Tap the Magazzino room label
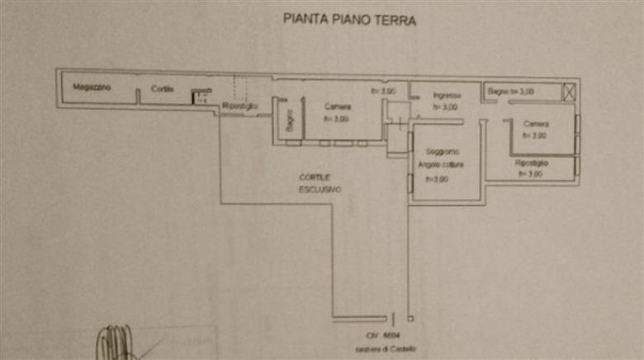[x=92, y=87]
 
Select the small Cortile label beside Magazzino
[x=162, y=89]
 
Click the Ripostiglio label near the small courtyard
[x=240, y=107]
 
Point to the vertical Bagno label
[x=290, y=121]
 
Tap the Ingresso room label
[x=446, y=96]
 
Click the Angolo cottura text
[x=441, y=165]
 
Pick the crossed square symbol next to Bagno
[x=569, y=92]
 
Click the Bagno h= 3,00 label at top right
[x=511, y=90]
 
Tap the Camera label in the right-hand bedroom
[x=536, y=124]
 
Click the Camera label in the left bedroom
[x=337, y=107]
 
